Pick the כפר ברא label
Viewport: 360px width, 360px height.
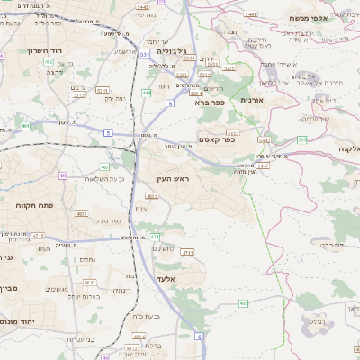click(209, 103)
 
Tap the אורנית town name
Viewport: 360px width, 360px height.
click(252, 100)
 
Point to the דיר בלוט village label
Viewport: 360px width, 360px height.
click(331, 244)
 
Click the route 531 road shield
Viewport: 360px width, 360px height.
click(145, 55)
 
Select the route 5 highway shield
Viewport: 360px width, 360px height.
click(107, 132)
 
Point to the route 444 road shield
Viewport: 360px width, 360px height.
click(147, 93)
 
